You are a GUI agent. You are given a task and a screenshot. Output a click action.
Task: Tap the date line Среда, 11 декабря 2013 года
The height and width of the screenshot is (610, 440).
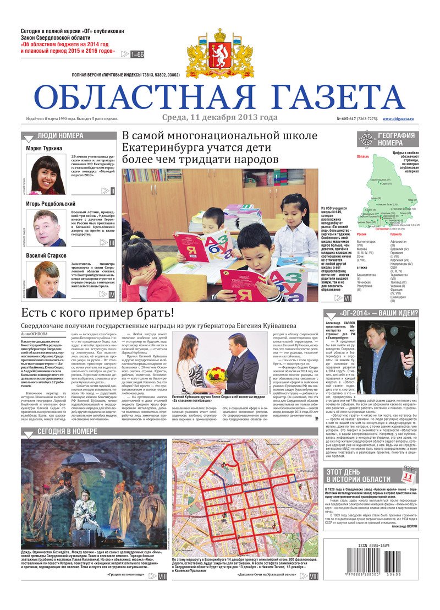click(x=219, y=118)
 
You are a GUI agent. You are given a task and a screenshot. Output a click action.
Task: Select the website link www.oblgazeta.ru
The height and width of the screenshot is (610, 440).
click(x=398, y=119)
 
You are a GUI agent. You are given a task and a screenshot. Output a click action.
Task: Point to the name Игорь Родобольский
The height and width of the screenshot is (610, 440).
click(x=51, y=204)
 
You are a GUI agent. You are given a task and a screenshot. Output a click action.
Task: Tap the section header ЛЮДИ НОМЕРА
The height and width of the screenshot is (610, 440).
click(x=61, y=135)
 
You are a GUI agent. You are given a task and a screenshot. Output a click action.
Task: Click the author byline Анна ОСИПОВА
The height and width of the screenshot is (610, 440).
click(x=34, y=334)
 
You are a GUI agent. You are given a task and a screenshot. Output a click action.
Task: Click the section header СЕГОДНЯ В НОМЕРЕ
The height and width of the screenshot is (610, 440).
click(x=66, y=431)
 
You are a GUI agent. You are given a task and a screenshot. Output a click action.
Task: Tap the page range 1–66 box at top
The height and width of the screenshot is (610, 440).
click(x=137, y=54)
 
